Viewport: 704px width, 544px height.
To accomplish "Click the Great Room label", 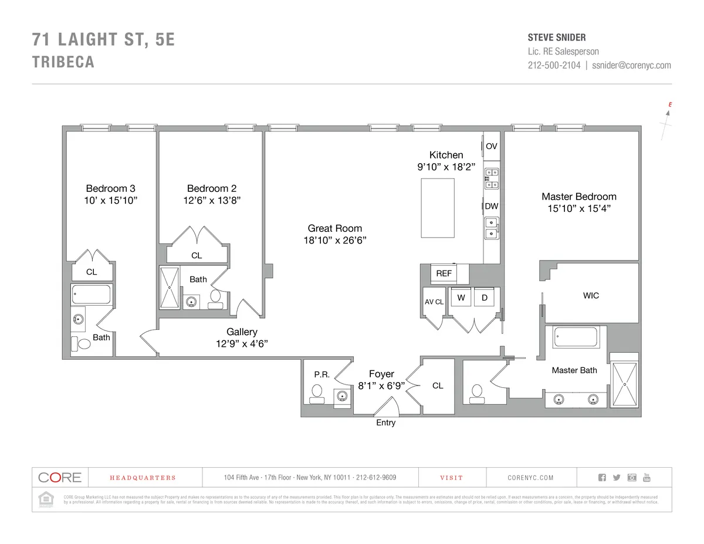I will pos(335,228).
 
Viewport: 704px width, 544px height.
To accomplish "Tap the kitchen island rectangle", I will pos(438,208).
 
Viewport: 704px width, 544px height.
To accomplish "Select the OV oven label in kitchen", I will pos(492,146).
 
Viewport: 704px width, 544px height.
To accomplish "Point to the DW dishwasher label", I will pos(492,206).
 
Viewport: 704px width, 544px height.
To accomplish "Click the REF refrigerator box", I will pos(444,273).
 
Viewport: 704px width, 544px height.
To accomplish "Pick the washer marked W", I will pos(461,298).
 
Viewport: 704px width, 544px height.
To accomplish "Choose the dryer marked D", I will pos(485,298).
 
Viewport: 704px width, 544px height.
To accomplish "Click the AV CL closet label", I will pos(434,302).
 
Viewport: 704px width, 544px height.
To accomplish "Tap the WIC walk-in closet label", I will pos(591,295).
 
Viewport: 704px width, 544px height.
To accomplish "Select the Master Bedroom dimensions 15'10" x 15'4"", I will pos(578,208).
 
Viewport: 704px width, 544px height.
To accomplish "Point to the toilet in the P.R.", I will pos(317,393).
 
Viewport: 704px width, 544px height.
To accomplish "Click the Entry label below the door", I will pos(385,423).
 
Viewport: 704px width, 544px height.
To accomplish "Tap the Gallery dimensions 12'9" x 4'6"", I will pos(242,344).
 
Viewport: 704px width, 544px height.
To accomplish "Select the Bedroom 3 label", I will pos(110,188).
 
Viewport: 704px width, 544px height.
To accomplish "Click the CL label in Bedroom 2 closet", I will pos(197,255).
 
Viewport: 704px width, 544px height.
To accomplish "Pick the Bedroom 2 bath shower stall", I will pos(170,288).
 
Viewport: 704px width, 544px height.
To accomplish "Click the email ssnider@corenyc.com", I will pos(631,66).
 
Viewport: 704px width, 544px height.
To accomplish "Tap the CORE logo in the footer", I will pos(59,478).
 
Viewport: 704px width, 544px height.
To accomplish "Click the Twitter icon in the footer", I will pos(616,478).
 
